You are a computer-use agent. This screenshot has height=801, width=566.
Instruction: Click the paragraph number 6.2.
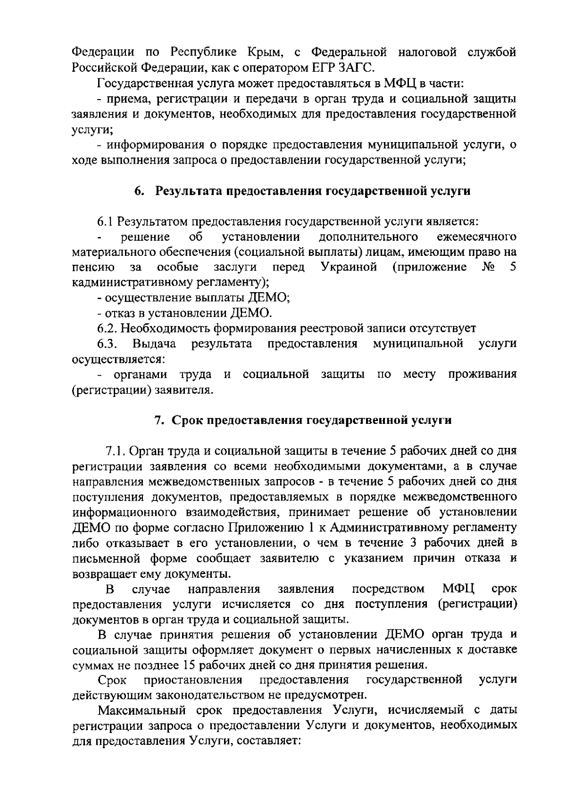(x=107, y=328)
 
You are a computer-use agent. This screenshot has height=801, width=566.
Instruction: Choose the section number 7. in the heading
(x=159, y=420)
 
